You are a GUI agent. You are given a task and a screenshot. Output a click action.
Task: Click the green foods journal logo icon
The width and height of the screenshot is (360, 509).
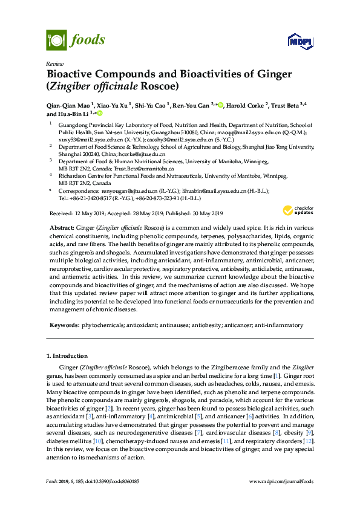point(56,41)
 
